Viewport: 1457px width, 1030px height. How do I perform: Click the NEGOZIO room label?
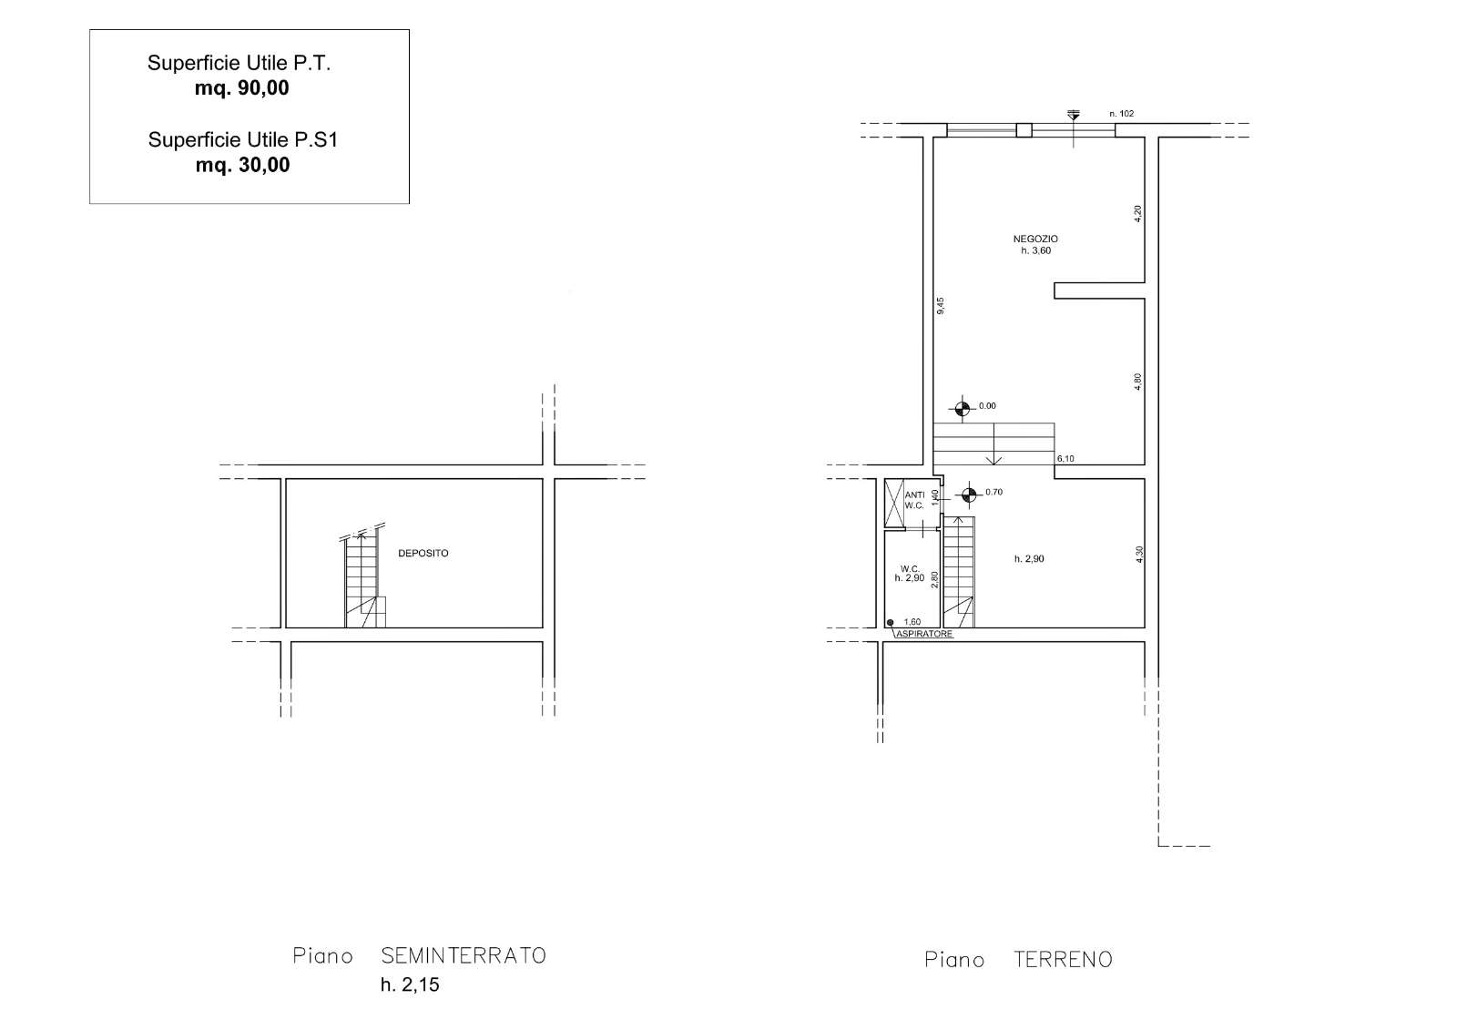coord(1035,239)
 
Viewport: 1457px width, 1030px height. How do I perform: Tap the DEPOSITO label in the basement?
coord(423,553)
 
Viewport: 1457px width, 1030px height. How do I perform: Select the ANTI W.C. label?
coord(914,500)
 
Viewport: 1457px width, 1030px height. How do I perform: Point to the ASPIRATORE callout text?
coord(924,634)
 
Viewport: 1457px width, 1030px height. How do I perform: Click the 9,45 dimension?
coord(941,306)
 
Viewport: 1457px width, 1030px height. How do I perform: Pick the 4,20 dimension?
coord(1137,213)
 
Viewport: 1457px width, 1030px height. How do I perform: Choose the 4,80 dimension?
coord(1137,382)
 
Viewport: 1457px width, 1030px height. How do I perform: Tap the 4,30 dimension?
coord(1139,555)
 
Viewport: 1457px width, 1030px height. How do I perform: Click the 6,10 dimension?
coord(1065,459)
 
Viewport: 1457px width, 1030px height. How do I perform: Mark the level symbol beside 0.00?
coord(963,409)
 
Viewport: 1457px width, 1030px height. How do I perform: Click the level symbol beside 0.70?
coord(969,495)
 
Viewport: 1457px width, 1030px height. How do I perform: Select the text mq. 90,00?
coord(242,87)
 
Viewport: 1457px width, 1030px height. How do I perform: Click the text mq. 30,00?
coord(242,165)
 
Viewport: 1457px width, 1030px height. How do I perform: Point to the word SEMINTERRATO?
coord(464,955)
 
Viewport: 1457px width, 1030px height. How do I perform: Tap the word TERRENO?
coord(1063,959)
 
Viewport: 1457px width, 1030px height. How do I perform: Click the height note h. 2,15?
coord(410,984)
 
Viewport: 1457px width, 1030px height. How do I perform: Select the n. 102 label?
coord(1121,113)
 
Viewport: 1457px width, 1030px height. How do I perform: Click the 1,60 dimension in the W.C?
coord(912,622)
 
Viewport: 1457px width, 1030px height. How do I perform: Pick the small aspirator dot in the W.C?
coord(891,623)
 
